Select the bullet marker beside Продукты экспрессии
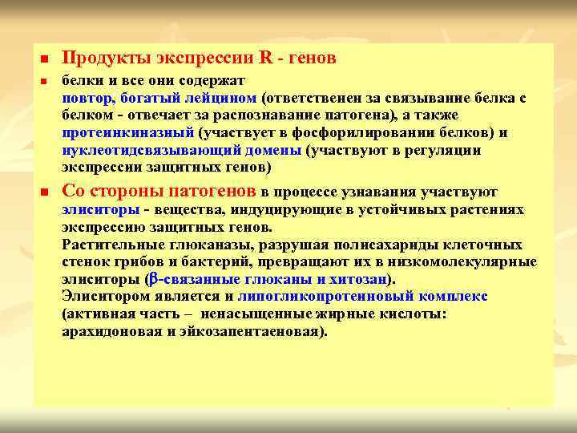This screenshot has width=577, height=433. [44, 59]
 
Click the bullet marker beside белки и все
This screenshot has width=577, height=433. [44, 82]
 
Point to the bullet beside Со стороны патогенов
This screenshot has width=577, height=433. [44, 192]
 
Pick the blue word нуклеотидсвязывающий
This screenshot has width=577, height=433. [144, 151]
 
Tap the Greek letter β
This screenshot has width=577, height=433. [155, 280]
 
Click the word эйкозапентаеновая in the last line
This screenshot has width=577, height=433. [257, 332]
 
